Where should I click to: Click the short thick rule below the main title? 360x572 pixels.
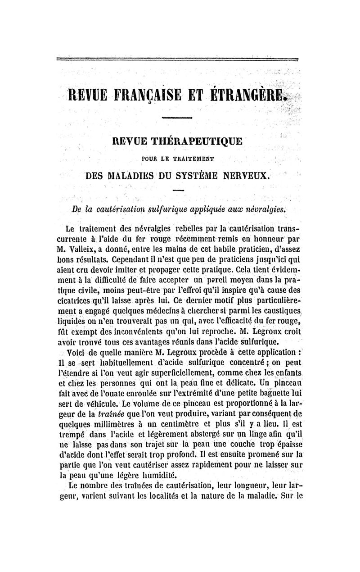pos(176,118)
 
